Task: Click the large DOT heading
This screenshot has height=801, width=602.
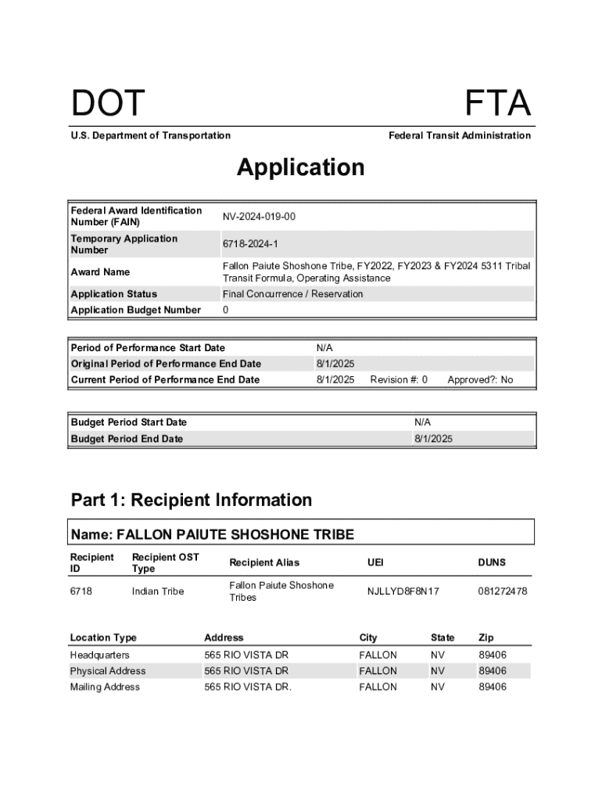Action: point(108,105)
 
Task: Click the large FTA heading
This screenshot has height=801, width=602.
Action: point(497,105)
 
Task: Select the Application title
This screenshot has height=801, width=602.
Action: point(301,167)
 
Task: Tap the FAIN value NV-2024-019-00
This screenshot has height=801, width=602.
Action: point(259,217)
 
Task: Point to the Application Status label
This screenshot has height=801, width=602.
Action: point(114,294)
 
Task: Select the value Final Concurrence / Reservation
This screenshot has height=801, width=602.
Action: point(293,294)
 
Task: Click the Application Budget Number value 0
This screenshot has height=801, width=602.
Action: point(226,311)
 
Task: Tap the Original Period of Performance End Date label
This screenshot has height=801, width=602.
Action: point(166,364)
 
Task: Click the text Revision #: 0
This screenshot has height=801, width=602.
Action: point(399,380)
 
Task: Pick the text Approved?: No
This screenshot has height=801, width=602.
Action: point(480,380)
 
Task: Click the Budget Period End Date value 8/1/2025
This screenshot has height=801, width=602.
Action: point(433,439)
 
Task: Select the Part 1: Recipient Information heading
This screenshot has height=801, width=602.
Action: point(192,500)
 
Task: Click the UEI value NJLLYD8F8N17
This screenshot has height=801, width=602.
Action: point(403,591)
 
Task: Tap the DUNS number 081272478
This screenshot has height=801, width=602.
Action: point(503,591)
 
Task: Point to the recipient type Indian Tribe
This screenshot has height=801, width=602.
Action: point(158,591)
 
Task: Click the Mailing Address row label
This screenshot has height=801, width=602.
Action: point(105,687)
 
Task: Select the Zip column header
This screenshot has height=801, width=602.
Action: point(486,638)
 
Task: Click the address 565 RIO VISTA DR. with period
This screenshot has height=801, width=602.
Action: point(248,687)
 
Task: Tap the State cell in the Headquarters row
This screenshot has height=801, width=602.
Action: point(438,655)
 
